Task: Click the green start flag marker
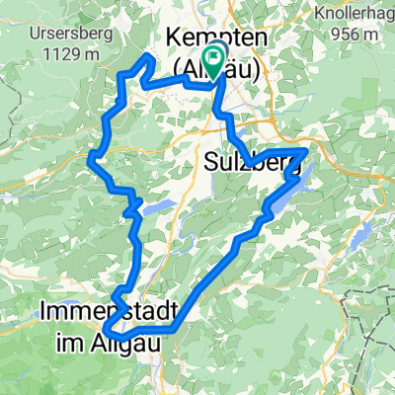coord(214,61)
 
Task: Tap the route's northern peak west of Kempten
coord(149,58)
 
